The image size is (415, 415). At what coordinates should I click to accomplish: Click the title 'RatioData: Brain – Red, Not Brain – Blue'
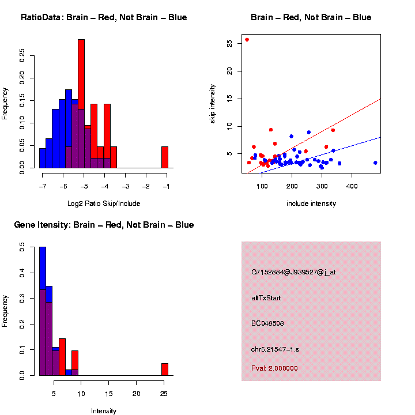click(x=104, y=17)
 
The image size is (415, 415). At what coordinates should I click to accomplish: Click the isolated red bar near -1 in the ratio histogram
click(x=164, y=157)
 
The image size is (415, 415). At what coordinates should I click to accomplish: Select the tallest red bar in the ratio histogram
click(x=81, y=104)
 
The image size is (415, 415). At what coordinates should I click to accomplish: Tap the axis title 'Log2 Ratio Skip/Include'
click(x=104, y=203)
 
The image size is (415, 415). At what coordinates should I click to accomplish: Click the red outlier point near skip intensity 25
click(x=247, y=40)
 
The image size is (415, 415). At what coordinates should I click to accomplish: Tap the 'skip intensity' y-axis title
click(x=213, y=104)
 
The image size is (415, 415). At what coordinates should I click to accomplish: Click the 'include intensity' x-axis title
click(x=311, y=203)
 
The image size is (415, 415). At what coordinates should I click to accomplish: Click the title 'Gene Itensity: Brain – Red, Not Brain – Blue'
click(x=104, y=225)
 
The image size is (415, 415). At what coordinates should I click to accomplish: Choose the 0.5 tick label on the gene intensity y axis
click(x=22, y=247)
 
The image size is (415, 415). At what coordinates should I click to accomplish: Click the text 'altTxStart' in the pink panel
click(x=266, y=298)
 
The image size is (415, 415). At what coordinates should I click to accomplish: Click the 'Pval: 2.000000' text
click(x=274, y=368)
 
